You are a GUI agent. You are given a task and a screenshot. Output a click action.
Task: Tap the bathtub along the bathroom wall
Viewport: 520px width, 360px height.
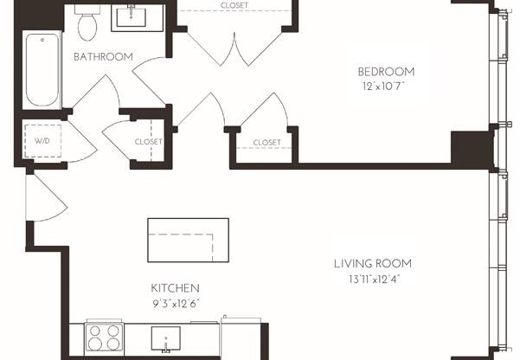tap(40, 69)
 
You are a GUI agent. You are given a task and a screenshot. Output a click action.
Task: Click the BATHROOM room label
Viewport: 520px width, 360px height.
tap(103, 57)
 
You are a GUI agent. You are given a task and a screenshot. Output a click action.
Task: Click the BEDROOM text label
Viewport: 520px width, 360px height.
tap(387, 71)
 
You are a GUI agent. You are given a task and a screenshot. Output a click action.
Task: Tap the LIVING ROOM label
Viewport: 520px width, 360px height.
tap(373, 263)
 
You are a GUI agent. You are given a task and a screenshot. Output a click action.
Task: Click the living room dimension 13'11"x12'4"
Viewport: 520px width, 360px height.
tap(373, 279)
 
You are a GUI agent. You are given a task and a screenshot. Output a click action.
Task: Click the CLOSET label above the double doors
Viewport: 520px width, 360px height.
tap(234, 4)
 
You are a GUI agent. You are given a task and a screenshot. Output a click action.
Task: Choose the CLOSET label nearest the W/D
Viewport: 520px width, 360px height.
tap(148, 142)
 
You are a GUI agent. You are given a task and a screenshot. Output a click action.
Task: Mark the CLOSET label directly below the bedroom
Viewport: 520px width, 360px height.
tap(266, 142)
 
